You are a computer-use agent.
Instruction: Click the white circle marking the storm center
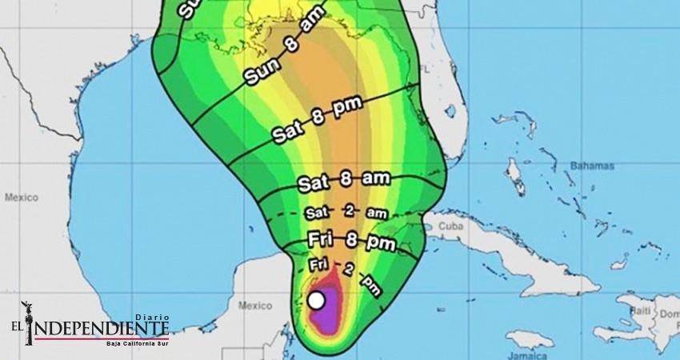coord(317,301)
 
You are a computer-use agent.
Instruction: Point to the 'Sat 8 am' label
coord(344,181)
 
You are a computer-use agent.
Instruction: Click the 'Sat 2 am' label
coord(346,212)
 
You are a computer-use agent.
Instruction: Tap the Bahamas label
coord(593,166)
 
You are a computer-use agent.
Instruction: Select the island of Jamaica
coord(530,340)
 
